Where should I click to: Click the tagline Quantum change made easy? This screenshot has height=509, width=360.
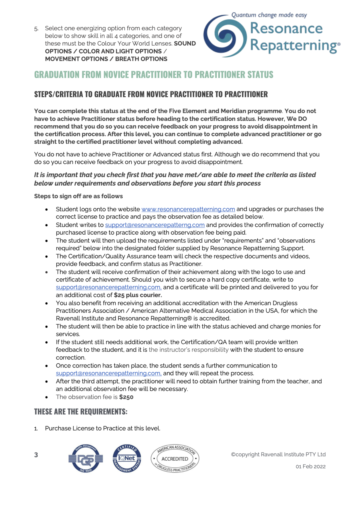pos(269,15)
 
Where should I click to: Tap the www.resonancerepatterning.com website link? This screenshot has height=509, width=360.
pos(188,209)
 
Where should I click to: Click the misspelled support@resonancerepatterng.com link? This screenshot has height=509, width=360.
pos(155,225)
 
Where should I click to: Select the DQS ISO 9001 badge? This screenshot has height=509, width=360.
pos(85,459)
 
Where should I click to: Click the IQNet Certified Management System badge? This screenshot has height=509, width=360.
pos(127,459)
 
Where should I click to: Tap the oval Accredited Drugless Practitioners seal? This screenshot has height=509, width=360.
pos(175,459)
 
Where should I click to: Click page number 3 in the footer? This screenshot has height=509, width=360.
pos(36,455)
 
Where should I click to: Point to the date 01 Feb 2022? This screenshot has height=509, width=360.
pos(310,467)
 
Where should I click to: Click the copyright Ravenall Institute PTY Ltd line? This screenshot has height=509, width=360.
pos(278,454)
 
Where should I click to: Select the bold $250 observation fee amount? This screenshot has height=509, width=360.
pos(126,397)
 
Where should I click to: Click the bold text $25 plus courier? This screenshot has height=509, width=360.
pos(138,295)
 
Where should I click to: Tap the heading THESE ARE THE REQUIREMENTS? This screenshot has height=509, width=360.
pos(81,412)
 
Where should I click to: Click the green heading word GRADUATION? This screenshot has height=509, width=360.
pos(57,75)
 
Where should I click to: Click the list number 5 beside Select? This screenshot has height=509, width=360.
pos(36,29)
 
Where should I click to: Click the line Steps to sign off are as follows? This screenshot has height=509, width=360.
pos(78,196)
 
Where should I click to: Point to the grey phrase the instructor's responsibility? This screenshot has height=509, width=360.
pos(188,350)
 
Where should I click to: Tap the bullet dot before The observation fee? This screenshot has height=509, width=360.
pos(47,397)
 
